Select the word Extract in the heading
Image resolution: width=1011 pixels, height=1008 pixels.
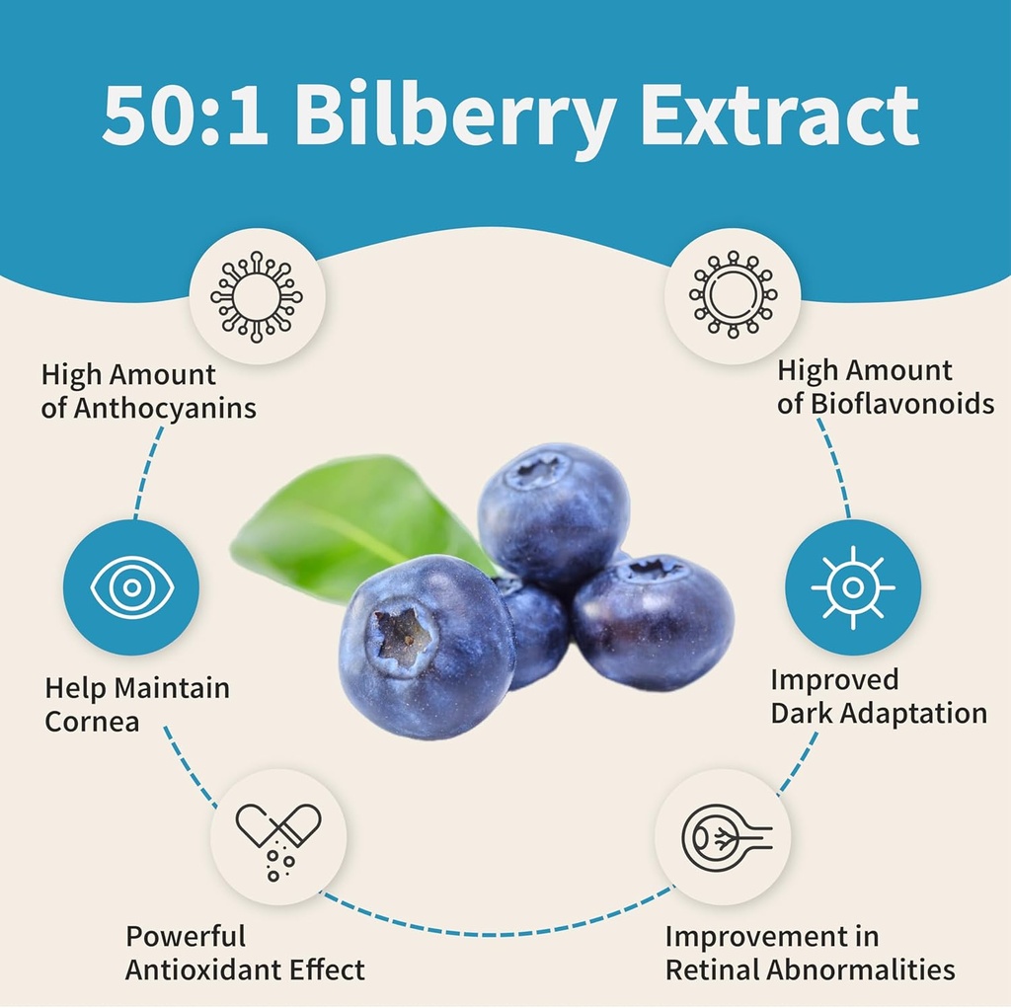click(x=779, y=116)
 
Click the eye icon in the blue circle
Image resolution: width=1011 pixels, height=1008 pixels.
click(x=131, y=588)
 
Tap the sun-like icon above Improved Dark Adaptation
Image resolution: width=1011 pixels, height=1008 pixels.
click(x=853, y=587)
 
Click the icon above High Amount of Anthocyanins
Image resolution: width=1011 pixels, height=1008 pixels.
click(x=257, y=296)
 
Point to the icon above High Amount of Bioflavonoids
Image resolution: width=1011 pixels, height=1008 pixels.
click(x=733, y=293)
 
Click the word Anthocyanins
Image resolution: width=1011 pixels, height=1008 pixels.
click(x=165, y=408)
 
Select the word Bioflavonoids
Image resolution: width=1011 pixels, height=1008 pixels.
click(x=901, y=404)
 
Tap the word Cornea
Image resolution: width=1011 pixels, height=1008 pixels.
click(x=92, y=721)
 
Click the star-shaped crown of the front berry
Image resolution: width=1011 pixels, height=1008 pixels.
click(x=403, y=634)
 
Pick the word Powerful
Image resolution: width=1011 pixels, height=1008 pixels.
click(x=186, y=936)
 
